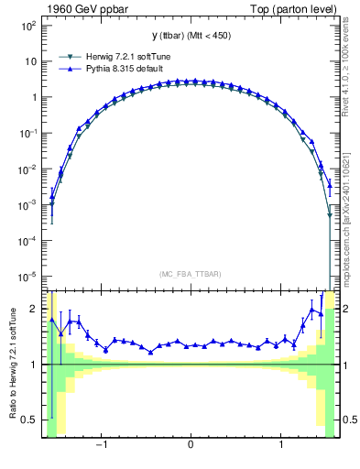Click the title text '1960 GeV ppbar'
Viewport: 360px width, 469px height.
pos(79,8)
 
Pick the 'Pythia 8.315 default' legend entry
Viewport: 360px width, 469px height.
pos(119,69)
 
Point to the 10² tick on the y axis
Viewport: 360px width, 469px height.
pos(29,26)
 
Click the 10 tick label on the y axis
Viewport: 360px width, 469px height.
pos(31,61)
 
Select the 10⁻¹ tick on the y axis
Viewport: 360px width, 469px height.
pos(29,133)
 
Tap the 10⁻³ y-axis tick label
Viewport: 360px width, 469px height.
pos(29,205)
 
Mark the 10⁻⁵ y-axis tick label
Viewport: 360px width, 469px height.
pos(29,277)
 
